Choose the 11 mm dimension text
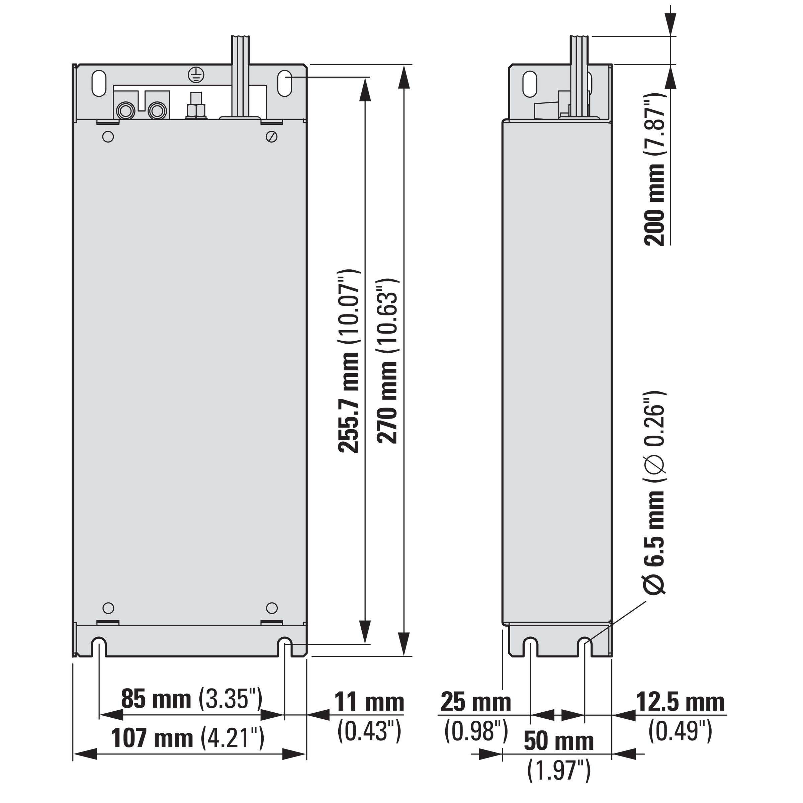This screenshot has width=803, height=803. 369,702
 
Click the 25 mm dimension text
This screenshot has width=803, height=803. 475,702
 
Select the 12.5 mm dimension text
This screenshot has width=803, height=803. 681,702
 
